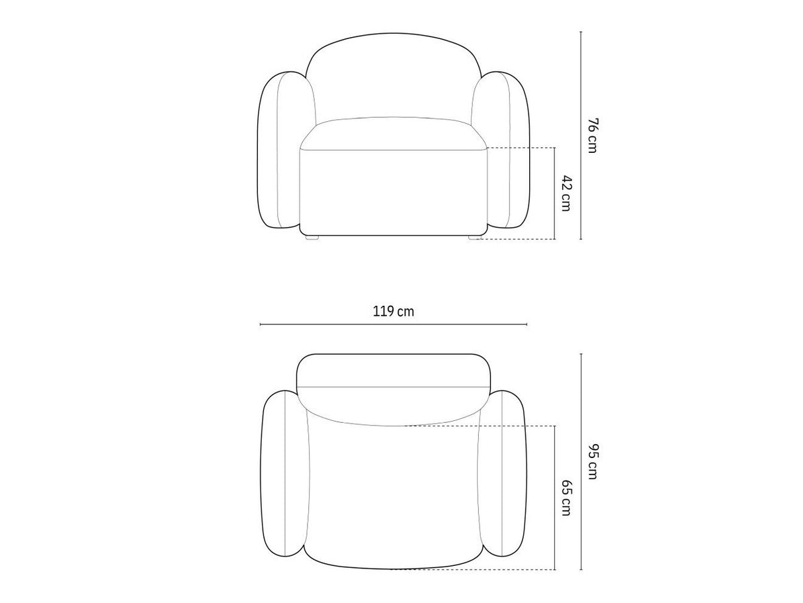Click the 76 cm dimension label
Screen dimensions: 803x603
tap(592, 136)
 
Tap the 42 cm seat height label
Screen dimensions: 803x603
tap(566, 193)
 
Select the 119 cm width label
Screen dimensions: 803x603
tap(394, 312)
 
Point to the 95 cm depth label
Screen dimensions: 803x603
tap(592, 461)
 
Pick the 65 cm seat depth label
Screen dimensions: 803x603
tap(566, 498)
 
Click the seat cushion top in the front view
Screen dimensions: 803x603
tap(394, 134)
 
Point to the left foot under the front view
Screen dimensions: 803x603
tap(312, 237)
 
